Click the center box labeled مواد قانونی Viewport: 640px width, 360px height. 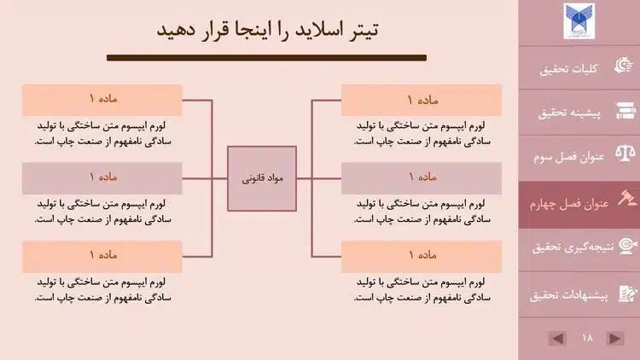(262, 178)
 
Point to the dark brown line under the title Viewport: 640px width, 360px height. (266, 58)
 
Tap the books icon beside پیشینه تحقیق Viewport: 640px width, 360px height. (625, 112)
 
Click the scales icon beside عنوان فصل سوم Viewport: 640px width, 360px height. (625, 157)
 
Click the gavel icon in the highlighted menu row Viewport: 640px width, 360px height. (625, 200)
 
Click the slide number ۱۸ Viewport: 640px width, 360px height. (586, 339)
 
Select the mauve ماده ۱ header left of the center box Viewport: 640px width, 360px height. (103, 177)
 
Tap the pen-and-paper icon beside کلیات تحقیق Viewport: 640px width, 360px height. (625, 68)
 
